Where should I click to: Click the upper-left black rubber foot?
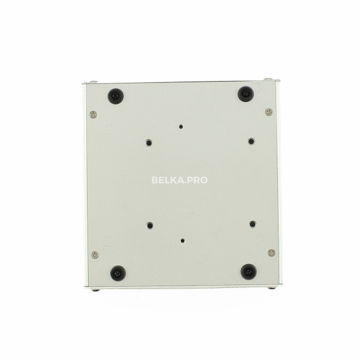tap(115, 96)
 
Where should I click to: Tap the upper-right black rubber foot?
tap(245, 94)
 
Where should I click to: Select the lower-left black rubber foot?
tap(118, 274)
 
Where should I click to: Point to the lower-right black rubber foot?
tap(248, 272)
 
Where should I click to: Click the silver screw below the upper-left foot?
tap(93, 115)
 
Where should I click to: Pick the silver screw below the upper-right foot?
tap(269, 112)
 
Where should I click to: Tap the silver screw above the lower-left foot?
tap(95, 255)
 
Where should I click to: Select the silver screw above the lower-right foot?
tap(271, 253)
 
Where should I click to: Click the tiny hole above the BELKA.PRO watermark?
tap(181, 127)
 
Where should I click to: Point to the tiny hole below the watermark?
tap(182, 241)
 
